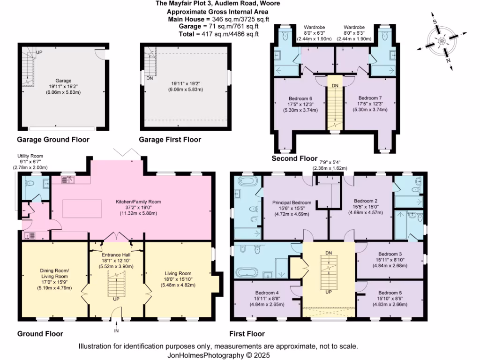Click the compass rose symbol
point(441,42)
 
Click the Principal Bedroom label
point(292,203)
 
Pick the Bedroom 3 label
point(390,254)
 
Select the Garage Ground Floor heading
point(53,140)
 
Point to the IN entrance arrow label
point(116,331)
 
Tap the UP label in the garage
point(39,52)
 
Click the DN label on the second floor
point(335,86)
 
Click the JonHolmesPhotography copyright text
point(219,355)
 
